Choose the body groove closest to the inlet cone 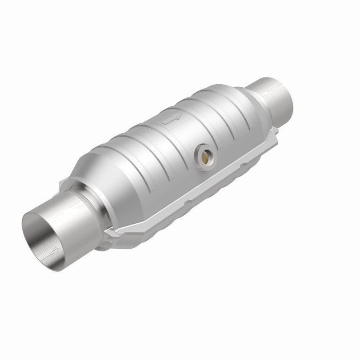point(130,162)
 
